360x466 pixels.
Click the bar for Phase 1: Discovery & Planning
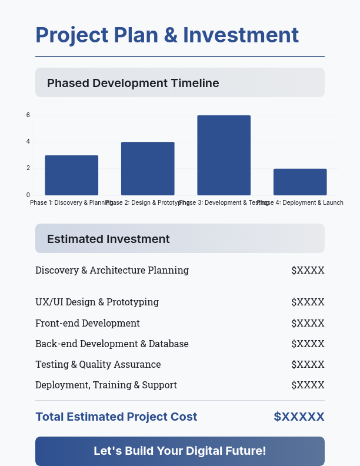coord(71,175)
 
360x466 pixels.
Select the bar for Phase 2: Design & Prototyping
coord(148,168)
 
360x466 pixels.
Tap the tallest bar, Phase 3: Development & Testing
coord(224,155)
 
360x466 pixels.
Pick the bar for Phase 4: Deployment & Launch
coord(300,182)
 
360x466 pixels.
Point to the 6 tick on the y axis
coord(28,115)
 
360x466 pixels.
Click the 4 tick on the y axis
coord(28,142)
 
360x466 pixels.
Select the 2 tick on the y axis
coord(28,168)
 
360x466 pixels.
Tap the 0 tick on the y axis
coord(28,195)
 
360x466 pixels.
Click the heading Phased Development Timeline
coord(133,83)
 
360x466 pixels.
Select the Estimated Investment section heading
coord(108,239)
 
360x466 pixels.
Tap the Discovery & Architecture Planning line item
coord(112,271)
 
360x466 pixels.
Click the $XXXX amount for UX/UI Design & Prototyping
coord(308,302)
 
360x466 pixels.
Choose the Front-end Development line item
coord(88,323)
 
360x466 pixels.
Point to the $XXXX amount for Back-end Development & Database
coord(308,344)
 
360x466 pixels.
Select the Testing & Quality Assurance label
coord(98,364)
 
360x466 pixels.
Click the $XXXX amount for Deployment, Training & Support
coord(308,385)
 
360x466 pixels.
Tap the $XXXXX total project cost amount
coord(299,417)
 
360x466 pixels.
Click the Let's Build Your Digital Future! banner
coord(180,451)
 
